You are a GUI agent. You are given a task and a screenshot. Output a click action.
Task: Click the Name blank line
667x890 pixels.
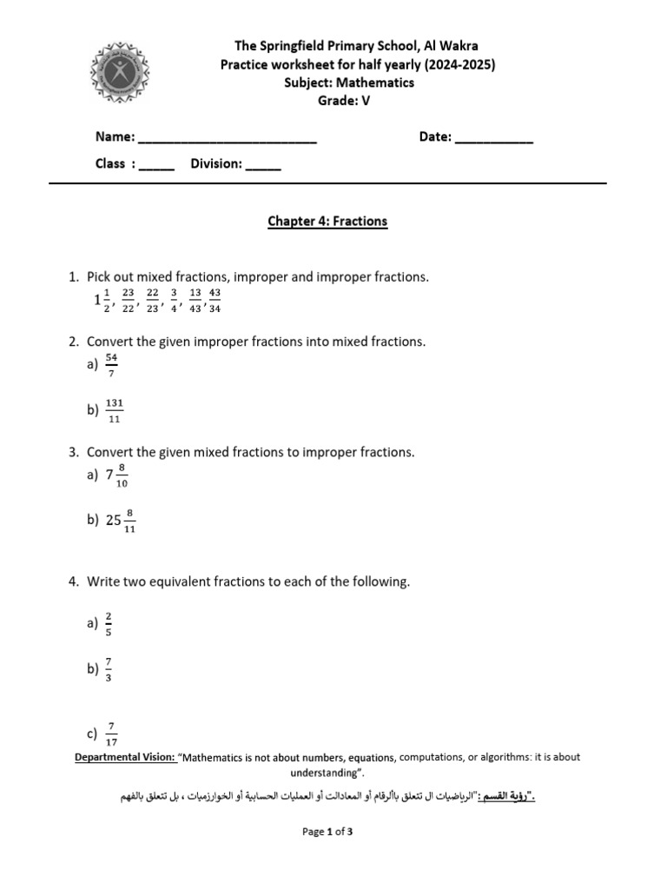coord(228,140)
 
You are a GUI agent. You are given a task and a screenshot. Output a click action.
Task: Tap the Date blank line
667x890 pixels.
coord(493,140)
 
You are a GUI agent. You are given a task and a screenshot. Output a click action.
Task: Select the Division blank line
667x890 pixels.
coord(263,167)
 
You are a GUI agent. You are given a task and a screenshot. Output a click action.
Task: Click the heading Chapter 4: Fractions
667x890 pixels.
coord(327,222)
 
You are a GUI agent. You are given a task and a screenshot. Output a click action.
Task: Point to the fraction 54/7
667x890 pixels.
coord(111,365)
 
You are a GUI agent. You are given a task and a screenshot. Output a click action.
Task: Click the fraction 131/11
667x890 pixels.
coord(115,410)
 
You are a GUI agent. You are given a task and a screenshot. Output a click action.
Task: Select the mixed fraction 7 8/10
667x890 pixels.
coord(116,475)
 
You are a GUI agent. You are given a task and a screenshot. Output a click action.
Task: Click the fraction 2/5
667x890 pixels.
coord(109,624)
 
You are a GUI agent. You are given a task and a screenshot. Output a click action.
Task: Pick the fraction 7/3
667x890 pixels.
coord(109,669)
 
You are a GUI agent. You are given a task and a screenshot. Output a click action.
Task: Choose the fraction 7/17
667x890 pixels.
coord(111,734)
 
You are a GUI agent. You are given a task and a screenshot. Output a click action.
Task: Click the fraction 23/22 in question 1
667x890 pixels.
coord(128,300)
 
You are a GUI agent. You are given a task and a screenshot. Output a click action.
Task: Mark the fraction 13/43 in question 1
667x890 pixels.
coord(195,300)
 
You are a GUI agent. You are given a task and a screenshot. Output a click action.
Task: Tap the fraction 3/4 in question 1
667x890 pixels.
coord(174,300)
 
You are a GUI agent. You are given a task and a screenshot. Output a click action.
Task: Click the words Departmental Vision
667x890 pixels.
coord(125,758)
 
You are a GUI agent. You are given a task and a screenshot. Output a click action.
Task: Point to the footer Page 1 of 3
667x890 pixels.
coord(327,832)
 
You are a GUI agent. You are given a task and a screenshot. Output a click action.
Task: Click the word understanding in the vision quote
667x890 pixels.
coord(324,773)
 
